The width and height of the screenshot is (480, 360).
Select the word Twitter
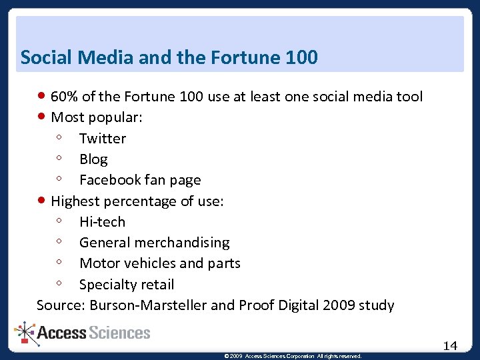pyautogui.click(x=103, y=139)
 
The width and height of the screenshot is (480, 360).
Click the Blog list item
pyautogui.click(x=93, y=159)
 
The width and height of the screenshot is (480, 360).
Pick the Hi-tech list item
pyautogui.click(x=102, y=222)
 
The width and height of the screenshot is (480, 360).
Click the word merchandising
pyautogui.click(x=188, y=243)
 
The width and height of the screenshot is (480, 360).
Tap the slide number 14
pyautogui.click(x=450, y=345)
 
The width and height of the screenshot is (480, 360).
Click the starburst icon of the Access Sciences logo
pyautogui.click(x=26, y=333)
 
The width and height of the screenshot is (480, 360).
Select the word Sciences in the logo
pyautogui.click(x=121, y=333)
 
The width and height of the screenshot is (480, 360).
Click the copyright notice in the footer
pyautogui.click(x=293, y=356)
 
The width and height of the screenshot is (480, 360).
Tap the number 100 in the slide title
pyautogui.click(x=300, y=58)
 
